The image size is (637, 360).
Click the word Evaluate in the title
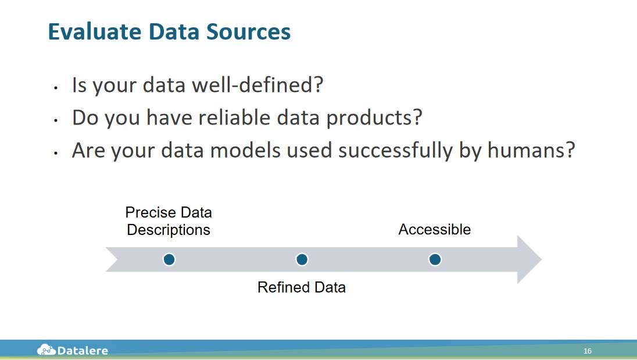pos(95,31)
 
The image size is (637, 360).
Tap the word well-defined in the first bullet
pos(257,85)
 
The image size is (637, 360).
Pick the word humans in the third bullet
pos(531,150)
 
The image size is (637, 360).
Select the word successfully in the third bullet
pos(396,151)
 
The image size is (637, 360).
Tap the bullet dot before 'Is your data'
pos(56,87)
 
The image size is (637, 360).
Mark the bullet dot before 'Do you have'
pos(56,120)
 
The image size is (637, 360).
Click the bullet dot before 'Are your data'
pos(56,153)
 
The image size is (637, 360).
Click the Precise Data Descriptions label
pos(169,221)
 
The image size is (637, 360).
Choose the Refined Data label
pos(302,287)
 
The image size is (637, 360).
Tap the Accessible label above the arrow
pos(435,229)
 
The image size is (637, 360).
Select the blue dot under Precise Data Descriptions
pos(169,259)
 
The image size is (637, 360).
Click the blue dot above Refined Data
pos(302,259)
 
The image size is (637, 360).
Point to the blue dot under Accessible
pos(435,259)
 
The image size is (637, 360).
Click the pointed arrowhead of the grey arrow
pos(541,259)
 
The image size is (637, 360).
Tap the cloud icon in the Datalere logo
pos(46,350)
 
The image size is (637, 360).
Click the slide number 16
pos(588,351)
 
